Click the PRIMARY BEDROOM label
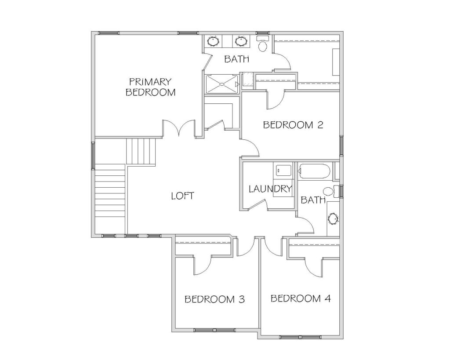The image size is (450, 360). click(x=150, y=87)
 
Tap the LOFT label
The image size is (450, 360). click(x=182, y=196)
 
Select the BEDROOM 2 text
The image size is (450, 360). click(x=293, y=125)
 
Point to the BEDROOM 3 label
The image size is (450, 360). click(x=214, y=299)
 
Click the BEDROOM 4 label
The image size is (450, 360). click(x=301, y=298)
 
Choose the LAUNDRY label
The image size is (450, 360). click(x=270, y=189)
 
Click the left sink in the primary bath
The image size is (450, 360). click(x=213, y=41)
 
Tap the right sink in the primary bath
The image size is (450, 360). click(x=241, y=41)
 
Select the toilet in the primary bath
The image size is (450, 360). click(x=262, y=44)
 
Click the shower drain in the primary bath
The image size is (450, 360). click(x=222, y=84)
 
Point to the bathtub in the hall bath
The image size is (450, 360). click(x=315, y=171)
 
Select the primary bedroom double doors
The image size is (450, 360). click(x=179, y=128)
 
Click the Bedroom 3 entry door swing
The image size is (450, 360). click(x=246, y=247)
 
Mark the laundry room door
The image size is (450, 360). click(x=258, y=204)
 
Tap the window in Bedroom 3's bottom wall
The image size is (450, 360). click(x=214, y=330)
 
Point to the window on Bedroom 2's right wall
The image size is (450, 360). click(x=341, y=145)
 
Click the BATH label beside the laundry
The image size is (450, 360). click(x=313, y=200)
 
